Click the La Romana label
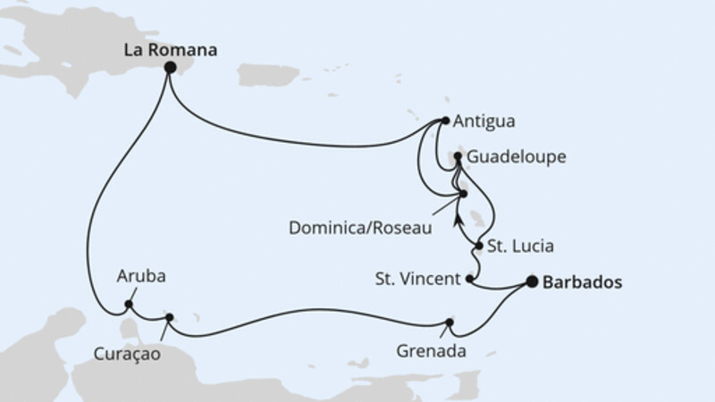click(170, 51)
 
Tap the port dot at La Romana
click(170, 67)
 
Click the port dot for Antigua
click(445, 121)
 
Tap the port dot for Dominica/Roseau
click(463, 192)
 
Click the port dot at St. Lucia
click(480, 246)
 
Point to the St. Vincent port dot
click(470, 279)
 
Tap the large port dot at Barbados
click(533, 282)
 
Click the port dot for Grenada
click(450, 323)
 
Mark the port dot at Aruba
click(129, 305)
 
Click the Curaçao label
click(125, 354)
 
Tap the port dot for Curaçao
click(170, 316)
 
